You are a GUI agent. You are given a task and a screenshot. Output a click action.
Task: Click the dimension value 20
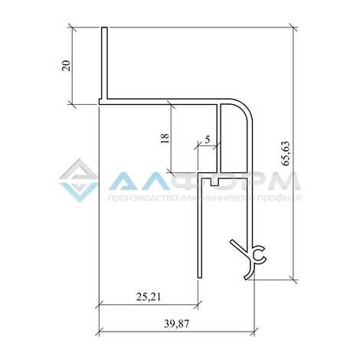tap(66, 66)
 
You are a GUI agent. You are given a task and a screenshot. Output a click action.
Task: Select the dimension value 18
tap(165, 138)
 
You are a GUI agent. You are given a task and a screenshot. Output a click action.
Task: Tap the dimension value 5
tap(208, 139)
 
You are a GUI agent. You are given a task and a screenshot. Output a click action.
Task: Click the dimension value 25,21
tap(149, 296)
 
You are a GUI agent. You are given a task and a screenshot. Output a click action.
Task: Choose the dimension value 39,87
tap(177, 324)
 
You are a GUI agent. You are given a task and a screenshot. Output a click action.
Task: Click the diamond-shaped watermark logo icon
tap(79, 180)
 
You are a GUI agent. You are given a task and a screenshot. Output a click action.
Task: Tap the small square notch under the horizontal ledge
tap(214, 182)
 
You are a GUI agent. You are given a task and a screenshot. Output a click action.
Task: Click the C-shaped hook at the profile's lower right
tap(260, 254)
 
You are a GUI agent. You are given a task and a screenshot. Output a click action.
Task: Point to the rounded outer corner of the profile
tap(244, 106)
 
